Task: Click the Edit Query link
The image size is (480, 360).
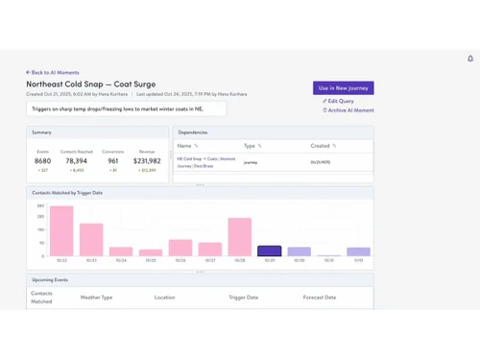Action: [339, 101]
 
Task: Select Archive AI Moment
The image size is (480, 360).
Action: [348, 110]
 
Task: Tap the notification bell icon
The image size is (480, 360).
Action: [470, 59]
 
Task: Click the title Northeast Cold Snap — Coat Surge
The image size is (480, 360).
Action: [90, 84]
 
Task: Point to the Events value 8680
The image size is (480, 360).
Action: [42, 161]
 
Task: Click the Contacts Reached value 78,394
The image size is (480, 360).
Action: [77, 161]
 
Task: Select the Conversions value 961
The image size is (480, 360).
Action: [113, 161]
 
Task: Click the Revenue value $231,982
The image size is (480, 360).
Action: [147, 161]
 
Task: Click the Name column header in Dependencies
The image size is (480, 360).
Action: [184, 146]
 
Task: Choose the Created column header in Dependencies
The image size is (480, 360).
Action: [320, 146]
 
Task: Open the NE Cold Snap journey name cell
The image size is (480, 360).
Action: [205, 162]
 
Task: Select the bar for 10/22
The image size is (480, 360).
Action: [61, 231]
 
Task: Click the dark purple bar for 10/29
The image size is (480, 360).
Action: [270, 252]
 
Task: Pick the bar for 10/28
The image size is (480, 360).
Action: [240, 237]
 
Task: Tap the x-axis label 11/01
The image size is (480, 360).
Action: [358, 260]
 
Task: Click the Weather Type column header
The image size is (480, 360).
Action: [96, 298]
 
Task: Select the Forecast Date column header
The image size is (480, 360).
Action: [320, 298]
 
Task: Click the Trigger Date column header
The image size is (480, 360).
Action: [243, 298]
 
